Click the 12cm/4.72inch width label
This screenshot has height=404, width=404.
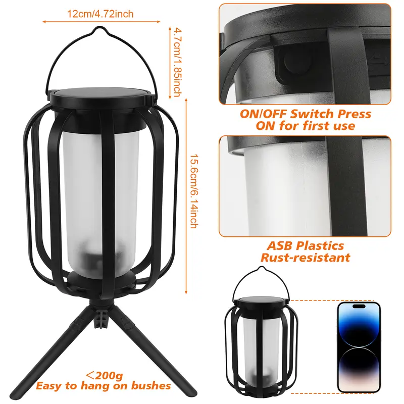pyautogui.click(x=100, y=14)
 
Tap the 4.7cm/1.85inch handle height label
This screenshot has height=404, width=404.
pyautogui.click(x=178, y=62)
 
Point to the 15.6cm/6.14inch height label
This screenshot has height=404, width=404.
pyautogui.click(x=194, y=191)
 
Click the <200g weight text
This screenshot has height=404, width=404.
pyautogui.click(x=104, y=375)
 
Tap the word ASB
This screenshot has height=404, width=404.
pyautogui.click(x=280, y=245)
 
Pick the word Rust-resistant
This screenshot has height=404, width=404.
pyautogui.click(x=306, y=258)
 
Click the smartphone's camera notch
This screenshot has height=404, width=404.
pyautogui.click(x=359, y=307)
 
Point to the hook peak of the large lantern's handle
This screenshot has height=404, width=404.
pyautogui.click(x=98, y=28)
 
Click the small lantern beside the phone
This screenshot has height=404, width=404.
pyautogui.click(x=261, y=332)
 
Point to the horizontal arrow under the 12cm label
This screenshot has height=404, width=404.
pyautogui.click(x=102, y=22)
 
